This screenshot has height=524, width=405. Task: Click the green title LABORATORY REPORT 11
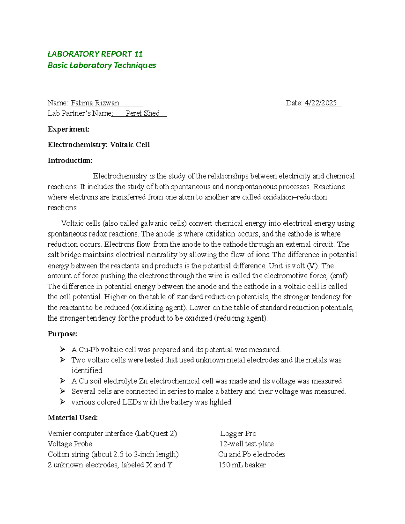pos(95,54)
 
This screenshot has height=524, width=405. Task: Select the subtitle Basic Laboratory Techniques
pos(102,65)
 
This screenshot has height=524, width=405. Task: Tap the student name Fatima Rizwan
pos(95,103)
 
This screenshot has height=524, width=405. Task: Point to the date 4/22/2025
pos(321,103)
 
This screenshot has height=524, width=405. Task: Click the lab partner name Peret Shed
pos(142,113)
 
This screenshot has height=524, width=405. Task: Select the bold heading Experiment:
pos(69,129)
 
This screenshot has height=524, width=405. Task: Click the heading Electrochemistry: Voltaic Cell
pos(99,145)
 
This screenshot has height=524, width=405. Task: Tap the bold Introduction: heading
pos(70,160)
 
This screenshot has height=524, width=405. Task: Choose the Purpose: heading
pos(62,334)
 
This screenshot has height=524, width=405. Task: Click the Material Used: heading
pos(73,418)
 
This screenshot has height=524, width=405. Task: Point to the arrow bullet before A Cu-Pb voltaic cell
pos(62,349)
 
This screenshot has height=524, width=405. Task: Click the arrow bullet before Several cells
pos(62,391)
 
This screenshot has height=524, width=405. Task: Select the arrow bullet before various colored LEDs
pos(62,402)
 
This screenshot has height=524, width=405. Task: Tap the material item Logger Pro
pos(238,433)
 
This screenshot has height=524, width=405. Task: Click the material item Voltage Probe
pos(70,444)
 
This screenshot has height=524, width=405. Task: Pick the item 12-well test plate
pos(246,444)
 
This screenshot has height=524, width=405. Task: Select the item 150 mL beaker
pos(242,465)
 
